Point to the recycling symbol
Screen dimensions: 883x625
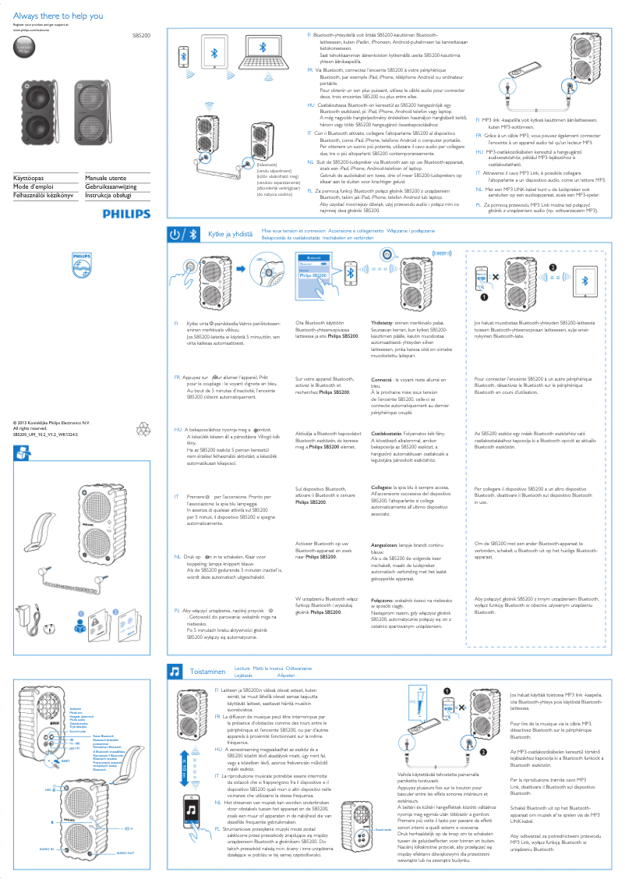147,429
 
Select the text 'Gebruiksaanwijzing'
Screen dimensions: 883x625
111,187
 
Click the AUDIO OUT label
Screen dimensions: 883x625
125,853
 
